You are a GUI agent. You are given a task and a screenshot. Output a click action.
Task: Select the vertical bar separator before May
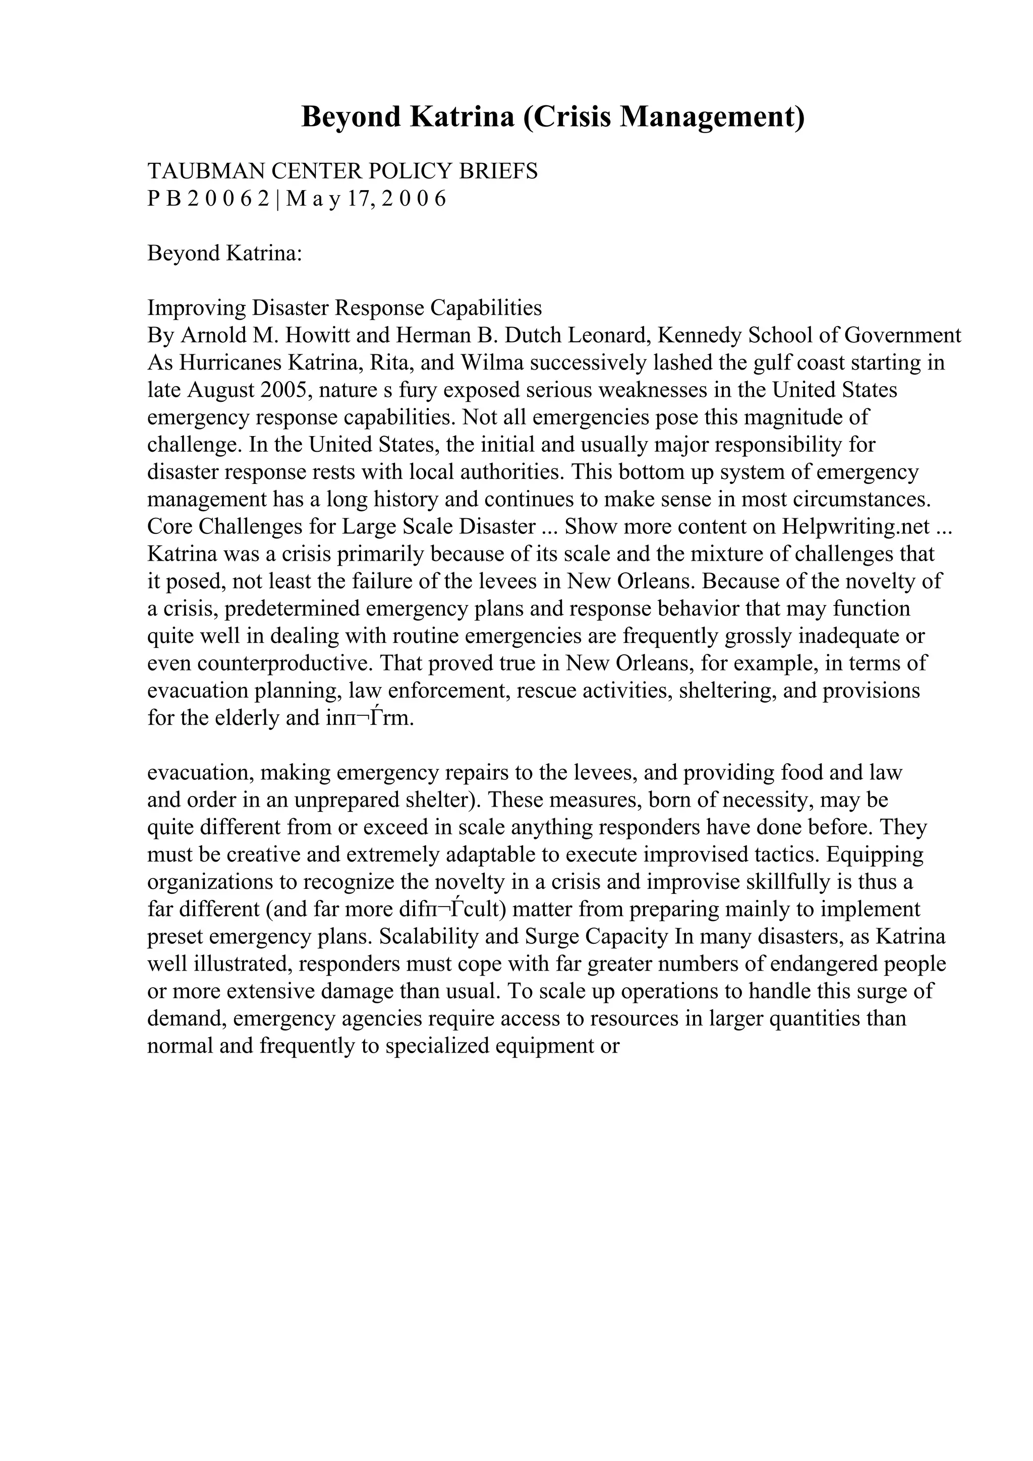click(x=277, y=199)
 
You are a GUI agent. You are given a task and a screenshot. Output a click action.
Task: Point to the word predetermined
click(x=291, y=609)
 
